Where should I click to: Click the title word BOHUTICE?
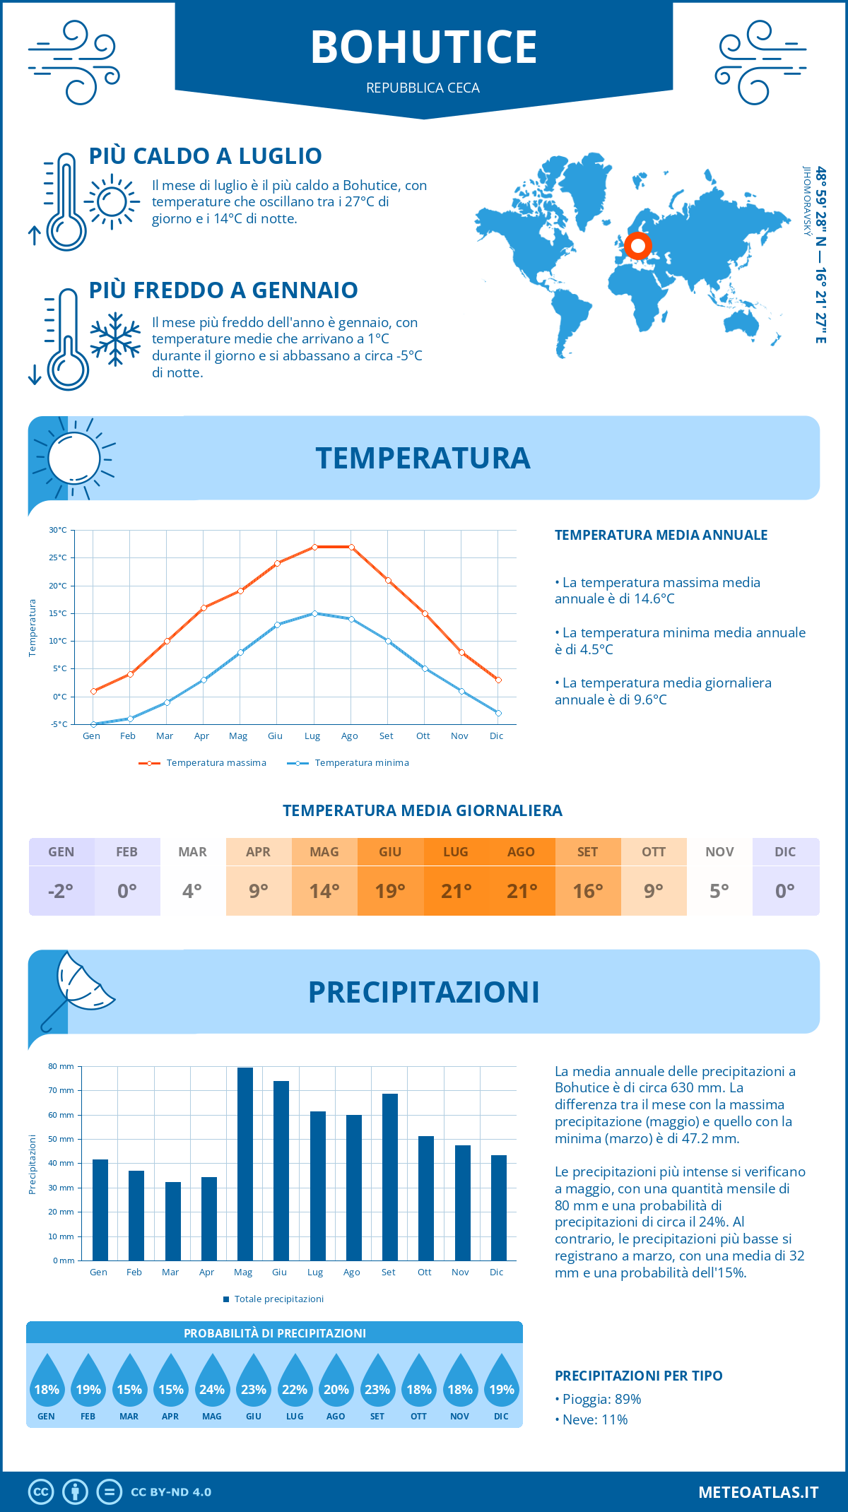coord(424,47)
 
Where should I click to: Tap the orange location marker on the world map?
coord(638,246)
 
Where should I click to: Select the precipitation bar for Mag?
coord(245,1164)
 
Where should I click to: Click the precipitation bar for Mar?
coord(172,1221)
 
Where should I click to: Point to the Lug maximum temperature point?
coord(314,547)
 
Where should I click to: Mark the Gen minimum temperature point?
coord(93,724)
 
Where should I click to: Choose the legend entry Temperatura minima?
coord(361,763)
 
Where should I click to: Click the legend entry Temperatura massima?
coord(216,763)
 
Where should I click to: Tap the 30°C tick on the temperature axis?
coord(58,530)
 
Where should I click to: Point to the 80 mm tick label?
coord(61,1066)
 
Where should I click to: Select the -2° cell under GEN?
coord(61,891)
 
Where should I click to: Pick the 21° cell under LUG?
coord(456,891)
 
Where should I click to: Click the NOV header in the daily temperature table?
coord(719,852)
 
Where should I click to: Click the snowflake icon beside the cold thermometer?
coord(115,339)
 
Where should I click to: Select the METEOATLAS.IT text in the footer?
coord(758,1492)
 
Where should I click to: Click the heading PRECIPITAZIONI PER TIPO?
coord(638,1376)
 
